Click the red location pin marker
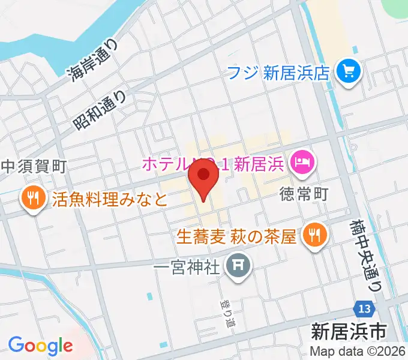pyautogui.click(x=203, y=179)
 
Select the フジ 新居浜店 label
pyautogui.click(x=278, y=73)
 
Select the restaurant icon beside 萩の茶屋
pyautogui.click(x=313, y=234)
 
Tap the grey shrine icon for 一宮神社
pyautogui.click(x=238, y=263)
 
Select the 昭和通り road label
pyautogui.click(x=101, y=108)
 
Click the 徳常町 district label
pyautogui.click(x=305, y=195)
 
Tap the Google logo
pyautogui.click(x=40, y=346)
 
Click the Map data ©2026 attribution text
pyautogui.click(x=357, y=351)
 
